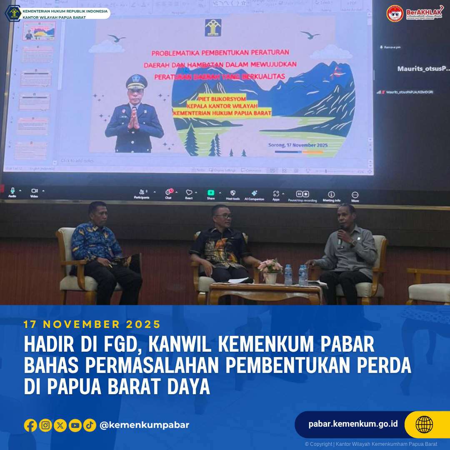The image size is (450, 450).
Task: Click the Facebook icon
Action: (30, 425)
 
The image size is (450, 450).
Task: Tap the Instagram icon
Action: (45, 425)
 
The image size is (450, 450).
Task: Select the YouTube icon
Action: (75, 425)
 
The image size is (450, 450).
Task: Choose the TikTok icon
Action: (90, 425)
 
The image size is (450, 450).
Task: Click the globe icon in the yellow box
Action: (424, 425)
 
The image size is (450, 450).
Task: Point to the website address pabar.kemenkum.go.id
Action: (353, 424)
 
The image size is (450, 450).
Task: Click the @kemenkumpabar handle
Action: (144, 425)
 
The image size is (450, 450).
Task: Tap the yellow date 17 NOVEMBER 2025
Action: (92, 324)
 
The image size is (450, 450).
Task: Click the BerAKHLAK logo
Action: (414, 13)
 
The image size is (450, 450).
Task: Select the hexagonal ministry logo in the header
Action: (13, 13)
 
